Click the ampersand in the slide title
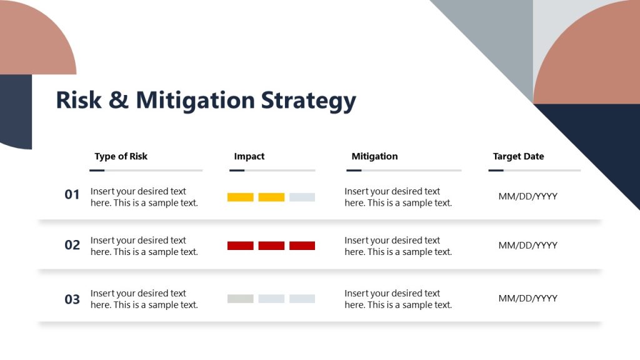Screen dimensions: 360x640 coord(118,100)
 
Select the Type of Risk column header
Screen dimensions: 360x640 coord(121,156)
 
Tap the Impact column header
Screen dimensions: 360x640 coord(249,156)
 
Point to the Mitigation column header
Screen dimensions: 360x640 coord(374,156)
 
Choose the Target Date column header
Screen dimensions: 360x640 coord(518,156)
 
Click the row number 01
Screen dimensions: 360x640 coord(72,195)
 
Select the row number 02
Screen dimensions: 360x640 coord(72,245)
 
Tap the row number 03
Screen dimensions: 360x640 coord(72,299)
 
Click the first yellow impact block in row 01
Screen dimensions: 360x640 coord(240,197)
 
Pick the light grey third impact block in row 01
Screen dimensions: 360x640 coord(302,197)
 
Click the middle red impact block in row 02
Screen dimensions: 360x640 coord(271,246)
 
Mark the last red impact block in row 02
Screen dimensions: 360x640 coord(302,246)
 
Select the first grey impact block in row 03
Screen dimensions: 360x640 coord(240,299)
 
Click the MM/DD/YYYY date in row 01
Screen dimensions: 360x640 coord(527,197)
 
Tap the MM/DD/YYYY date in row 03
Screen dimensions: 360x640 coord(527,299)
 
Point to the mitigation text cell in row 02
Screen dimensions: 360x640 coord(397,246)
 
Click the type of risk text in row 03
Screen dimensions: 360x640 coord(144,299)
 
